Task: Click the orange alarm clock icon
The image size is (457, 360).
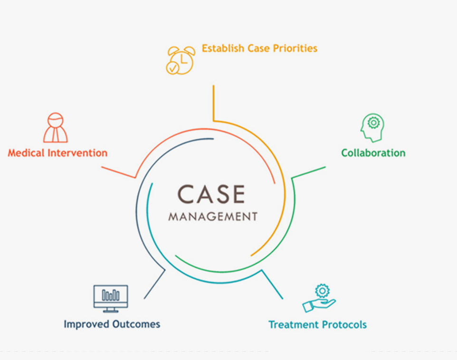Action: (181, 60)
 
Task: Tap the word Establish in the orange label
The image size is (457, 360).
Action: (223, 48)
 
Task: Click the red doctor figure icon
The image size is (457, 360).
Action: (56, 128)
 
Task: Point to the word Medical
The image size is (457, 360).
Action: (26, 153)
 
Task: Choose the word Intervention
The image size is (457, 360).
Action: (77, 153)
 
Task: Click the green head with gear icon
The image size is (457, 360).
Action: (372, 128)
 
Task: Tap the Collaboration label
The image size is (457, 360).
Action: (373, 153)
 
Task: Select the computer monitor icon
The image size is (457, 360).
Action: (111, 298)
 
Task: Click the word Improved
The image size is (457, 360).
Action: (86, 324)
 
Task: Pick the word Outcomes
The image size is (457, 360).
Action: (136, 324)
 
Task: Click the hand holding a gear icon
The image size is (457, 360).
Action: (319, 298)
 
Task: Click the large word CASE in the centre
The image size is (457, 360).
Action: (211, 194)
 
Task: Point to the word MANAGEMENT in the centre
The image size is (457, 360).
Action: (213, 217)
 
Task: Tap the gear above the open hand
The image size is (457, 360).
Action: (323, 291)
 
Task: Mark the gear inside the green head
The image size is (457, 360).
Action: (373, 123)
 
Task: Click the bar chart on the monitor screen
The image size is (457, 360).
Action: (111, 295)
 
